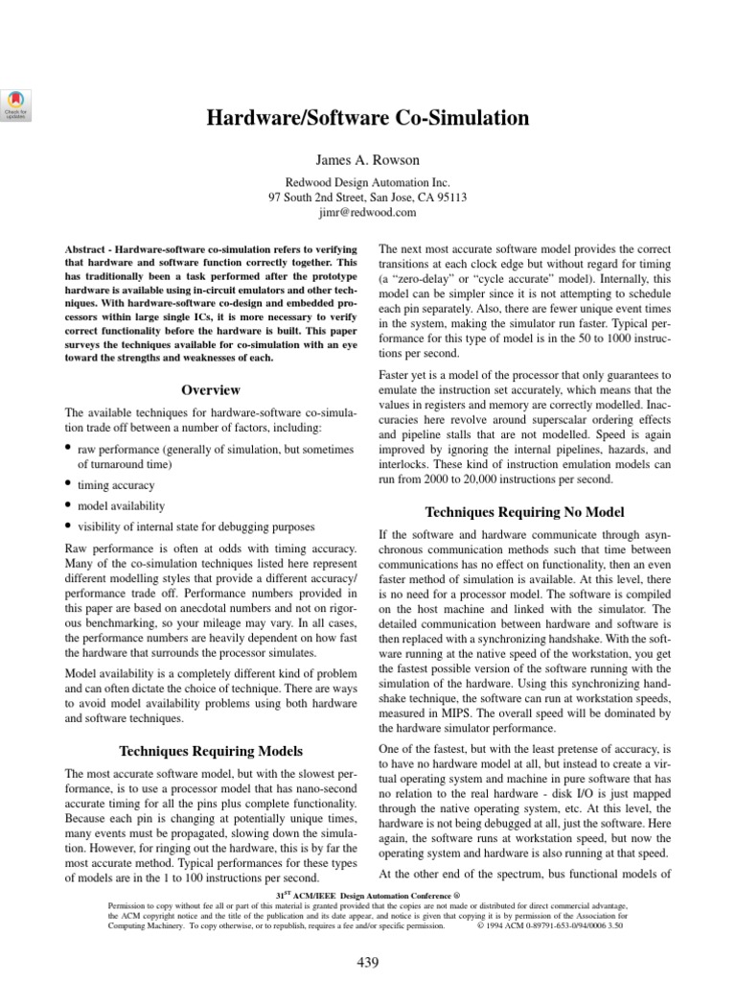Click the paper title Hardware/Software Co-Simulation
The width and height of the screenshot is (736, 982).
click(x=368, y=119)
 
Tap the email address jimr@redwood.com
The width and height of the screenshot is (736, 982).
click(x=368, y=212)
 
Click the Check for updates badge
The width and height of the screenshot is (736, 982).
click(x=17, y=104)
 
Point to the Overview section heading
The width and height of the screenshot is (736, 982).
click(x=212, y=389)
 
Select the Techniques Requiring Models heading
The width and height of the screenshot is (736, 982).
click(x=212, y=750)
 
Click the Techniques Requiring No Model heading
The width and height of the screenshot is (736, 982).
click(x=524, y=510)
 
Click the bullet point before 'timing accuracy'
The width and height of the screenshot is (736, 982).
click(x=68, y=485)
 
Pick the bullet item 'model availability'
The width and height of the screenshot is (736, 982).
click(x=121, y=505)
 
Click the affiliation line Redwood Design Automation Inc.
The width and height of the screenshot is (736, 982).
click(x=368, y=181)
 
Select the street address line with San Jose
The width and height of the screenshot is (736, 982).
click(x=368, y=197)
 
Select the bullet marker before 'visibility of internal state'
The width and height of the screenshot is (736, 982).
click(x=68, y=526)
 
